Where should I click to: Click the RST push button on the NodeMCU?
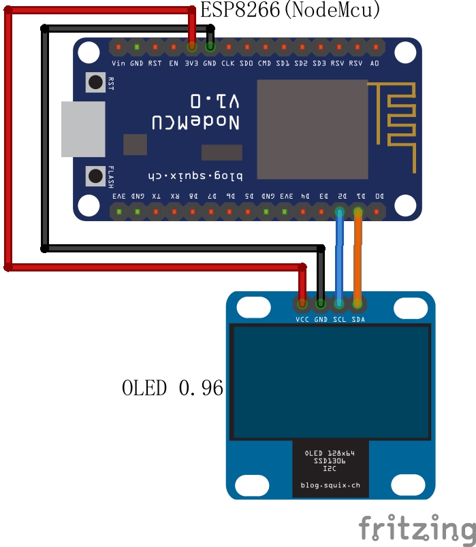(x=94, y=83)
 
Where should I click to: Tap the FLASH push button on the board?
(x=94, y=176)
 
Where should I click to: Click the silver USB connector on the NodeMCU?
(x=83, y=129)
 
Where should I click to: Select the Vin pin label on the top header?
(x=118, y=63)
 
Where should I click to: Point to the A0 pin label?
(x=375, y=63)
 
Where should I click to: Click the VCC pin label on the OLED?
(x=302, y=319)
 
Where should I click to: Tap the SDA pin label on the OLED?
(x=358, y=319)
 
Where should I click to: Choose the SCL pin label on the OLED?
(x=340, y=319)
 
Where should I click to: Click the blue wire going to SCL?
(x=339, y=259)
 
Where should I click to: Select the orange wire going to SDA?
(x=358, y=259)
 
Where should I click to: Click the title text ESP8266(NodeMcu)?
(x=289, y=10)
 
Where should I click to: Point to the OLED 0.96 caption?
(x=172, y=388)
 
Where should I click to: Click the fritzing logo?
(x=417, y=528)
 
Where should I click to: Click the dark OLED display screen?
(x=330, y=382)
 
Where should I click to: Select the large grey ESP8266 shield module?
(x=312, y=129)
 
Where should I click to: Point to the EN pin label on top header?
(x=174, y=63)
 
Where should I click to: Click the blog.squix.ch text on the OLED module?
(x=330, y=486)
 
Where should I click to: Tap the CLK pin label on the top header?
(x=228, y=63)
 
